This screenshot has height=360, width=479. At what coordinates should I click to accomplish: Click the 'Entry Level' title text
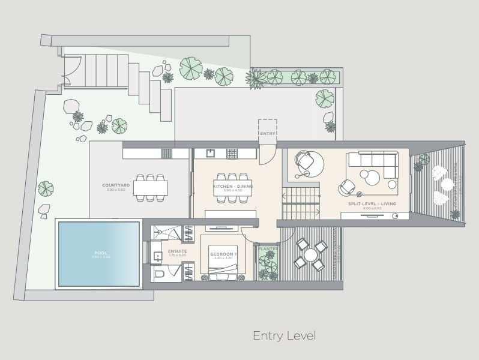pos(284,335)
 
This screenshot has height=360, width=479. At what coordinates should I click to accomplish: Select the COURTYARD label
pos(116,186)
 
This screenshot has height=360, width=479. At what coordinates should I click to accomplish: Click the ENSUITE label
pos(178,251)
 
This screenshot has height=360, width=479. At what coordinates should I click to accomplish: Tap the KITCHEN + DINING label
pos(233,187)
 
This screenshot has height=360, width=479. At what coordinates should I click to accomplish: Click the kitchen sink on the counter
pos(211,153)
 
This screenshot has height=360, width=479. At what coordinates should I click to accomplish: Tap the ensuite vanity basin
pos(157,256)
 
